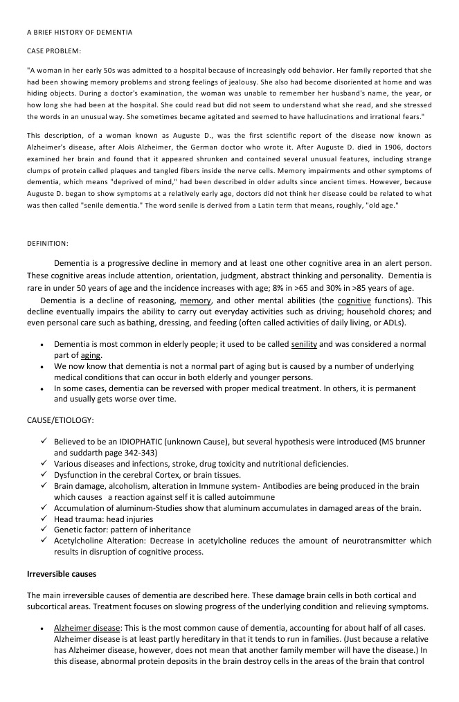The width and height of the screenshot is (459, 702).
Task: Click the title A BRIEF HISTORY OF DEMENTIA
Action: click(80, 33)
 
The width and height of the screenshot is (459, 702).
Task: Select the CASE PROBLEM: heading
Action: click(54, 51)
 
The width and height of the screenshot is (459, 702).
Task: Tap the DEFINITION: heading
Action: click(48, 244)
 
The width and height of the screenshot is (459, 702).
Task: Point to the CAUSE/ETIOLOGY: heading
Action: click(61, 420)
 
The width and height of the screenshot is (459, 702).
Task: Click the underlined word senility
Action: click(304, 344)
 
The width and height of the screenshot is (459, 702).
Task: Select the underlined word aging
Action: click(91, 355)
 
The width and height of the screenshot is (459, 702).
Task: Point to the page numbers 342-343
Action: click(138, 453)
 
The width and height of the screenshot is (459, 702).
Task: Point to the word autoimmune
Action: click(257, 497)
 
